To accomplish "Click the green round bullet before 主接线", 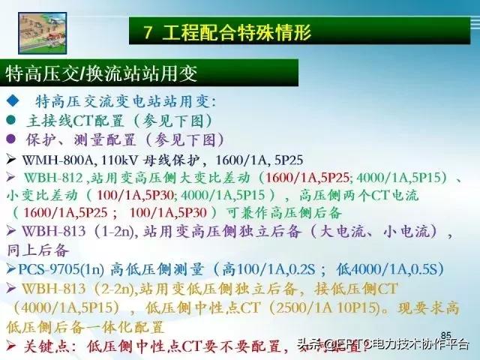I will pos(10,120).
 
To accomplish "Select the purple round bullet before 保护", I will pos(10,139).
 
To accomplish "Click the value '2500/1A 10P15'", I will pos(310,307).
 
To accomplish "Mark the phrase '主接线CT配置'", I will pos(72,120).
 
